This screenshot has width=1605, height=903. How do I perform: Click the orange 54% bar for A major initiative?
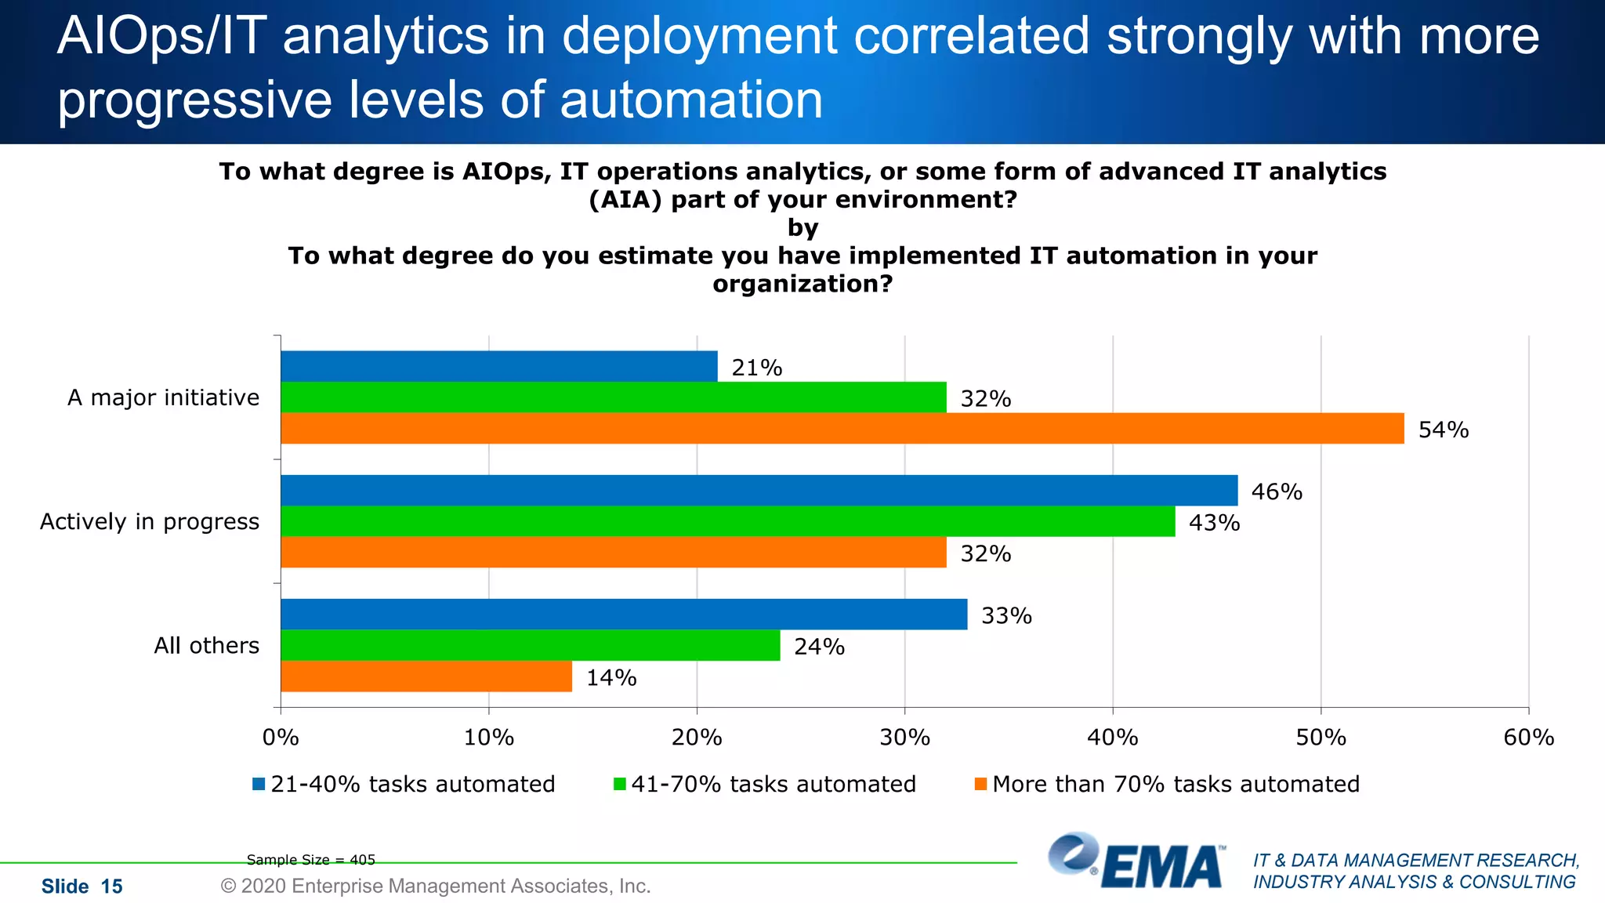point(842,428)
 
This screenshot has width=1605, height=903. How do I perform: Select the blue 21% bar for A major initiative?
point(499,366)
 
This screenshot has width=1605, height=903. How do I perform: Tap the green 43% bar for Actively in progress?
point(728,521)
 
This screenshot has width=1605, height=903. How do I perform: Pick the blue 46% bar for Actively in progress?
point(759,491)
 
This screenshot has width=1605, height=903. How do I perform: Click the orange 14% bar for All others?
point(426,676)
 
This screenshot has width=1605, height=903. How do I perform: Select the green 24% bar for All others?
point(531,645)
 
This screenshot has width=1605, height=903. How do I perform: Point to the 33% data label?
point(1006,616)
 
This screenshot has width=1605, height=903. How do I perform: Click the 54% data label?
point(1443,430)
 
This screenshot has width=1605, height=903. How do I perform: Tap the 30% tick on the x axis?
point(904,738)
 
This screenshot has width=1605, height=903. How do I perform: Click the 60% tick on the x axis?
point(1528,738)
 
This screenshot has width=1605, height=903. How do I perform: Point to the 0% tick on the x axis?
point(281,738)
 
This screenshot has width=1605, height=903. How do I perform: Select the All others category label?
point(206,645)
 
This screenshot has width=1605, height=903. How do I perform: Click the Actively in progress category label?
point(150,521)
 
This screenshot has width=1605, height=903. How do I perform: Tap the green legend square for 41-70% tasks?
point(620,784)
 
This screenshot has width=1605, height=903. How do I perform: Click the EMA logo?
point(1136,862)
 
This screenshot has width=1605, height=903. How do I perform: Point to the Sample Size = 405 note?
point(311,860)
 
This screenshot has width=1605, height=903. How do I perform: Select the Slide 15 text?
point(82,887)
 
